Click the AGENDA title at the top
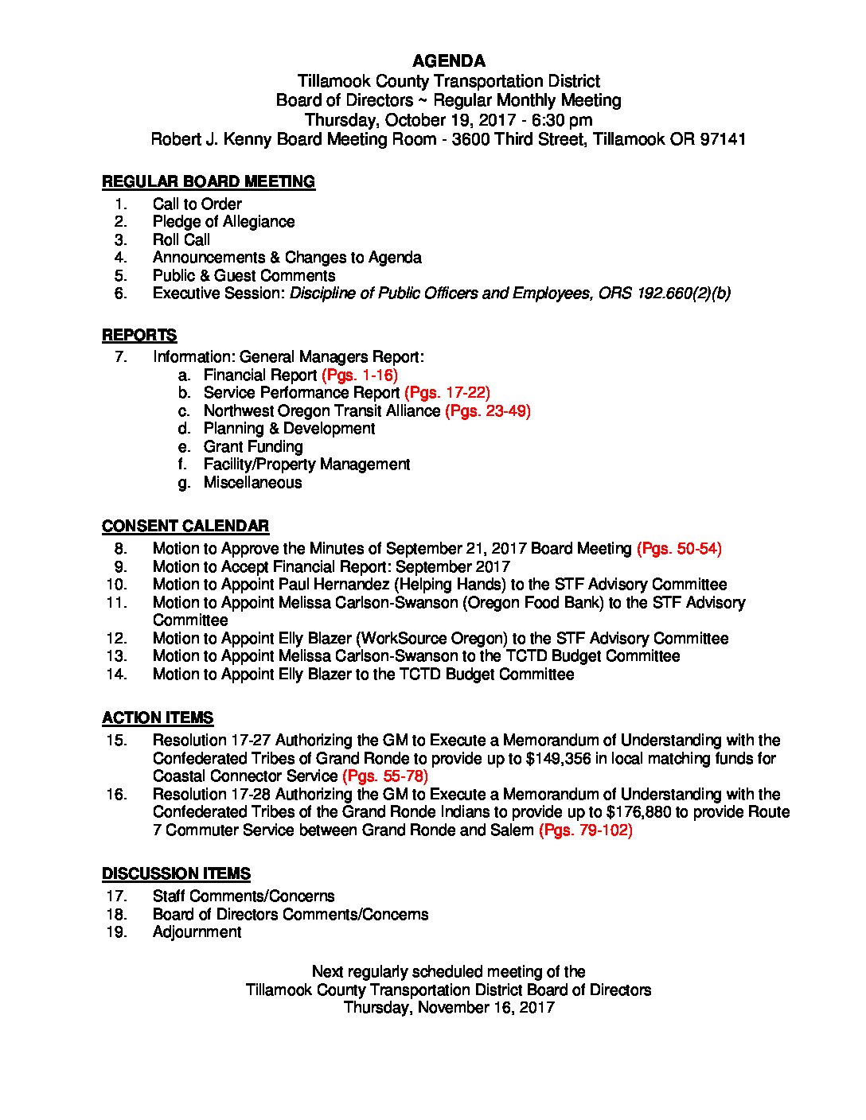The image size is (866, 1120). click(448, 61)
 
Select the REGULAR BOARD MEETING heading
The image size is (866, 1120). click(208, 181)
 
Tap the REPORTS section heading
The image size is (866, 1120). click(139, 335)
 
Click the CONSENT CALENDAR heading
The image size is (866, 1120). click(185, 526)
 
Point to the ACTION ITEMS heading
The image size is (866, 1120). click(158, 717)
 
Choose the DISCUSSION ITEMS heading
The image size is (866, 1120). click(176, 873)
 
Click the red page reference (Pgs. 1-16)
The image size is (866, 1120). click(359, 375)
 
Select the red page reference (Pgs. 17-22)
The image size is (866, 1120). click(447, 392)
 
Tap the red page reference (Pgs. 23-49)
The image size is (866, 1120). click(487, 410)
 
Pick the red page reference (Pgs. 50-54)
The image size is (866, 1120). click(679, 548)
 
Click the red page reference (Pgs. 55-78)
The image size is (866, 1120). click(385, 776)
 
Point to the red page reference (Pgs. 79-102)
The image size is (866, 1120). click(585, 830)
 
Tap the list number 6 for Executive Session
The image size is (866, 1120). click(121, 294)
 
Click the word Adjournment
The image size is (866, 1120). click(197, 932)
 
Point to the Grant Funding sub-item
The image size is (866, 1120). click(253, 446)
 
